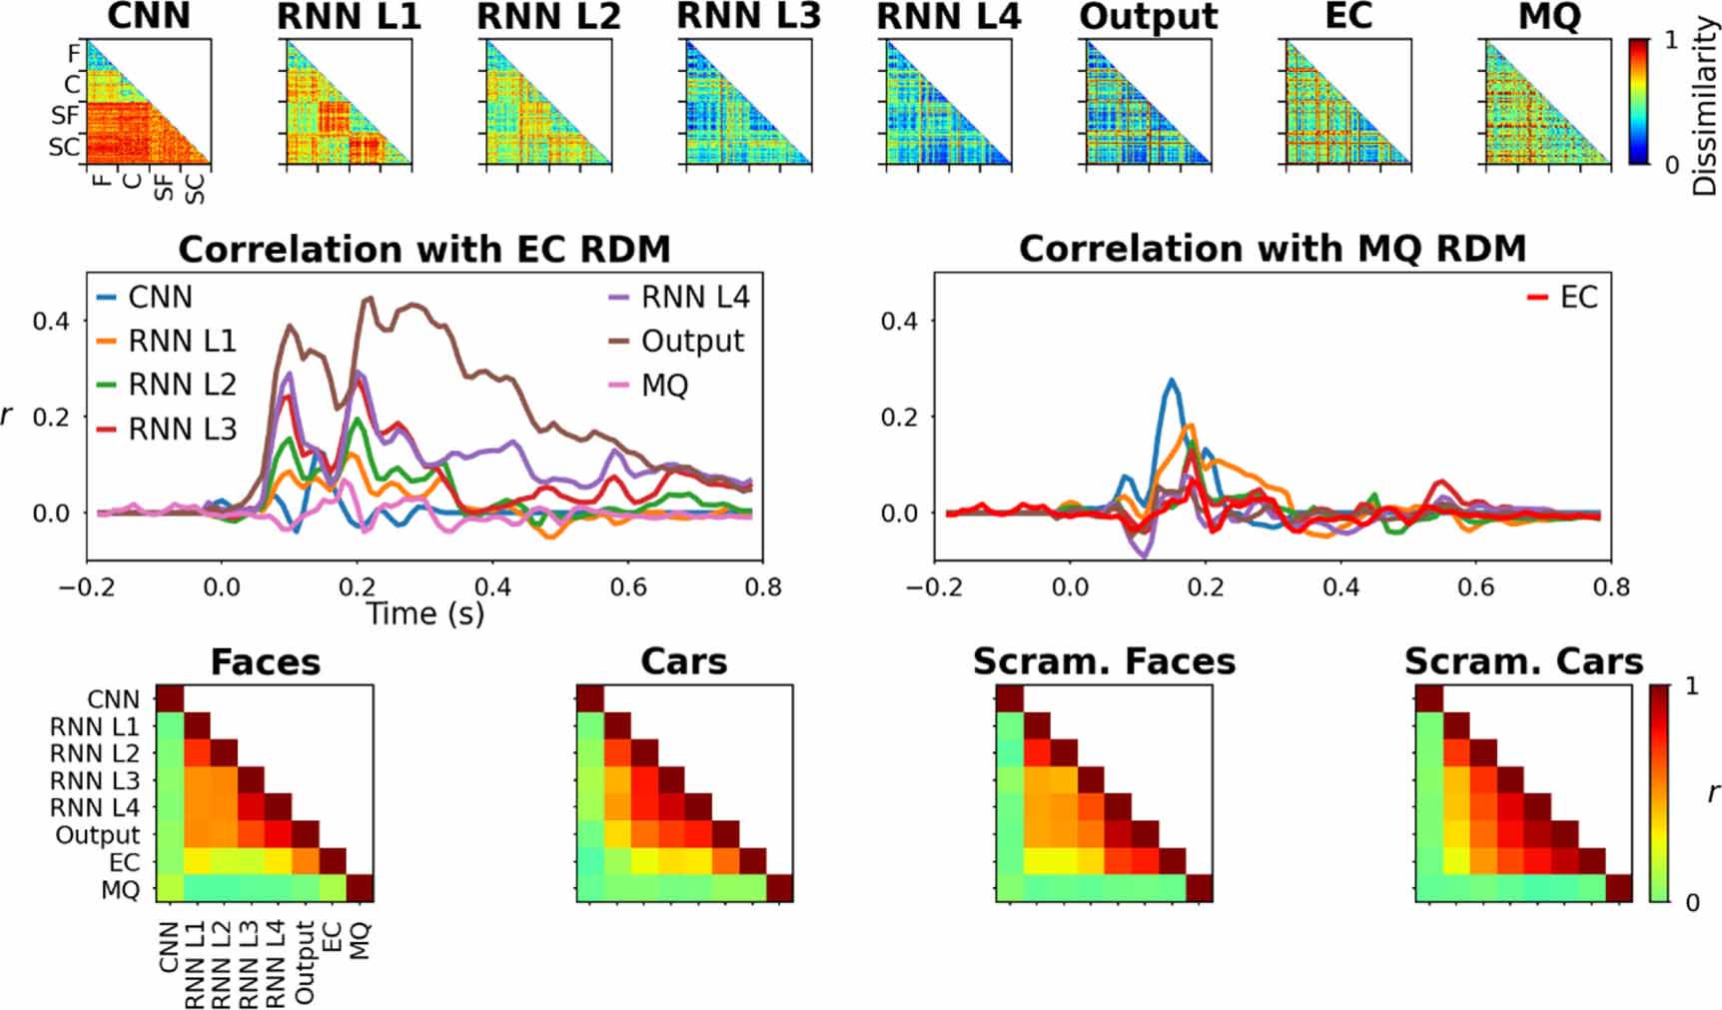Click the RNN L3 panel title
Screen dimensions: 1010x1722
[x=749, y=16]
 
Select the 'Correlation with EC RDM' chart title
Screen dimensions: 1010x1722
[x=424, y=249]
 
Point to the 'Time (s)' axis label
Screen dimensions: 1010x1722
[x=425, y=613]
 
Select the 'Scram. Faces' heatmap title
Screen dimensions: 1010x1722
[x=1104, y=662]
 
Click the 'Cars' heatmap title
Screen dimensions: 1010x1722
[x=683, y=662]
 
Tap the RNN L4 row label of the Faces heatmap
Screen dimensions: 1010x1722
[x=95, y=807]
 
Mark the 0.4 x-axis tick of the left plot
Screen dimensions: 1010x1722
[x=492, y=587]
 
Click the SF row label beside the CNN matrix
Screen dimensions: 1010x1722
[x=65, y=117]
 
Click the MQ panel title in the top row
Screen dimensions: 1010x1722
[x=1548, y=16]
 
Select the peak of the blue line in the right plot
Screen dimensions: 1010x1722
[x=1173, y=380]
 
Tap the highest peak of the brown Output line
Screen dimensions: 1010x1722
[x=368, y=298]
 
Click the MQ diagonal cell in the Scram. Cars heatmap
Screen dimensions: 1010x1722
[x=1618, y=888]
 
